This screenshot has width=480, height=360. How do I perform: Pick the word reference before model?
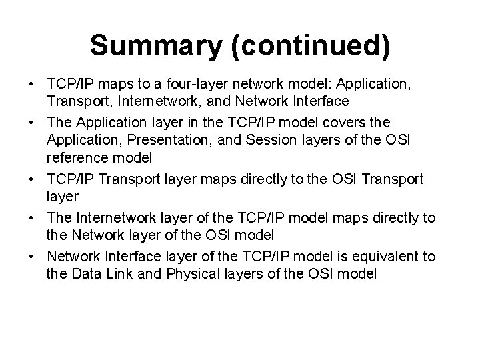(76, 158)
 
